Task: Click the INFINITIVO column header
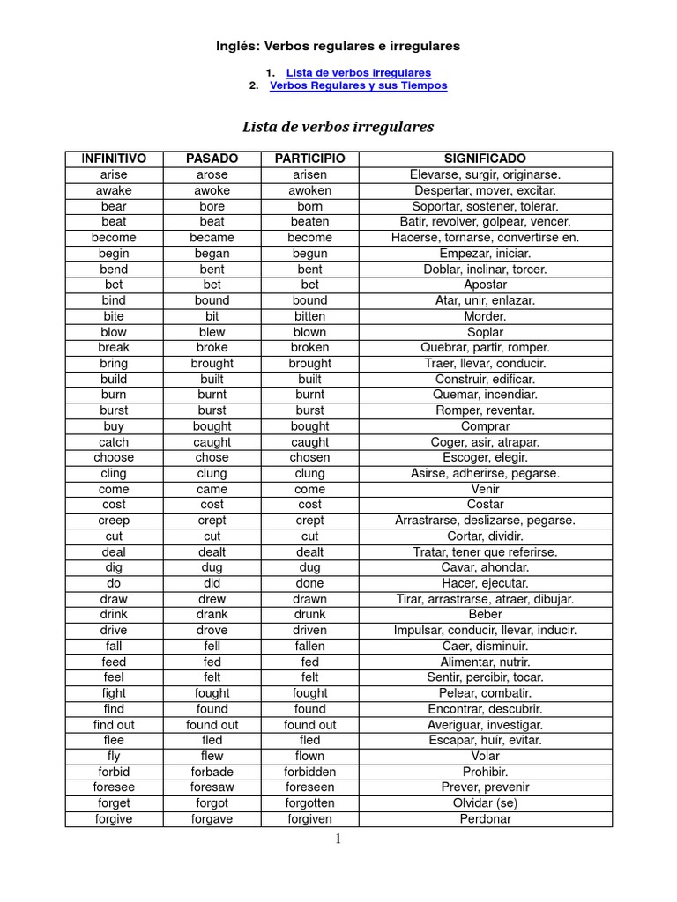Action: [x=114, y=159]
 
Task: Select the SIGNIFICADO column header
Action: [x=485, y=159]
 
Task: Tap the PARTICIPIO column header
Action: [x=309, y=159]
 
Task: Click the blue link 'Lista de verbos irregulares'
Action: [x=359, y=72]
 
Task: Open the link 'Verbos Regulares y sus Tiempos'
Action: [x=358, y=85]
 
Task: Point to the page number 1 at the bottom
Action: [x=338, y=839]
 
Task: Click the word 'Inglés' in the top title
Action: [x=237, y=45]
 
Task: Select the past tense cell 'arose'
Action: [x=212, y=174]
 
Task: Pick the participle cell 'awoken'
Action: [x=309, y=190]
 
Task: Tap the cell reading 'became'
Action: [x=212, y=238]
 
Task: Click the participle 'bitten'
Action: [x=309, y=316]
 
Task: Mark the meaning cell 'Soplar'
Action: [x=485, y=332]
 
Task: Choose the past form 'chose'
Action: [x=212, y=457]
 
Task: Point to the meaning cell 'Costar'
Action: [x=485, y=505]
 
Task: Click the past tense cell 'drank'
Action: [x=212, y=614]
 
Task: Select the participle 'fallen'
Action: [x=309, y=646]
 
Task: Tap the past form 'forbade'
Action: [x=212, y=772]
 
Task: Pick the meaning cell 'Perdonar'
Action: [x=485, y=819]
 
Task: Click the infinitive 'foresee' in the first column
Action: [x=114, y=787]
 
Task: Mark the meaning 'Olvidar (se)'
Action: [x=485, y=803]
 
